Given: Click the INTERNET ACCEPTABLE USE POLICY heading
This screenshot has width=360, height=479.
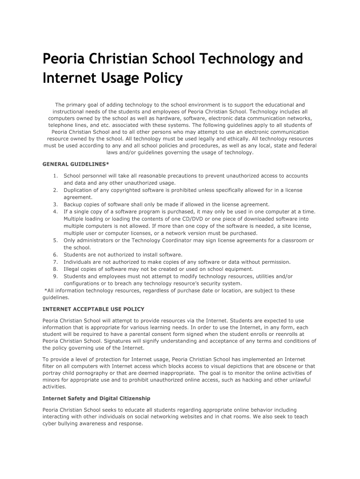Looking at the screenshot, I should point(94,309).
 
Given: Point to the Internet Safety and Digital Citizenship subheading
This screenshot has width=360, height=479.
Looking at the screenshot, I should point(96,399).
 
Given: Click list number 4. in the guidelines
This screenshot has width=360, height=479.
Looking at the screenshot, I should point(55,211).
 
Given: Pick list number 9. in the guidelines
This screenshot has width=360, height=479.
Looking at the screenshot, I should point(55,276).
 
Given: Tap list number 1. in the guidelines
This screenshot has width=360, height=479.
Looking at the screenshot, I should point(55,176).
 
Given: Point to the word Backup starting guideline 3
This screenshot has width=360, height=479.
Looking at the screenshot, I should point(73,204).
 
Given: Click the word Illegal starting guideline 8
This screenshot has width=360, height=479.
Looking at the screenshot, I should point(72,269).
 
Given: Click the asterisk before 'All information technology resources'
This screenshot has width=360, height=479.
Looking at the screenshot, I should point(45,290).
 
